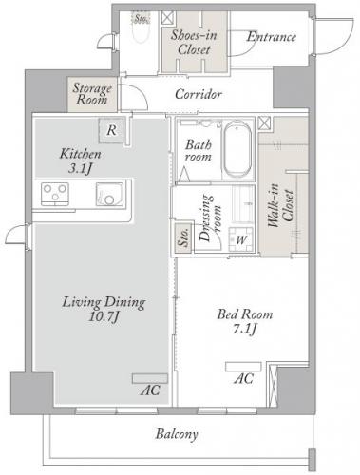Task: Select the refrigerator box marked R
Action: (111, 130)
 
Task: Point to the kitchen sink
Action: (109, 194)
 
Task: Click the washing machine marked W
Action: (241, 239)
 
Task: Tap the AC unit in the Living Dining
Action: (150, 378)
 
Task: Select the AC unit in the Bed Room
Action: (243, 367)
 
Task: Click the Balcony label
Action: (177, 434)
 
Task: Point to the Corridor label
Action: (199, 94)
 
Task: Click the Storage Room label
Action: (92, 94)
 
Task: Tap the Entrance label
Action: (272, 37)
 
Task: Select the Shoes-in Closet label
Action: (194, 42)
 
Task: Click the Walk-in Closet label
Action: (281, 205)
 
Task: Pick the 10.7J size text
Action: (104, 316)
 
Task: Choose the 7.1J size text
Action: (244, 329)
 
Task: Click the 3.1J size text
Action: (80, 168)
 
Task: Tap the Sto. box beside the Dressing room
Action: (183, 237)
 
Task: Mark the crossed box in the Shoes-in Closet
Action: (168, 18)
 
